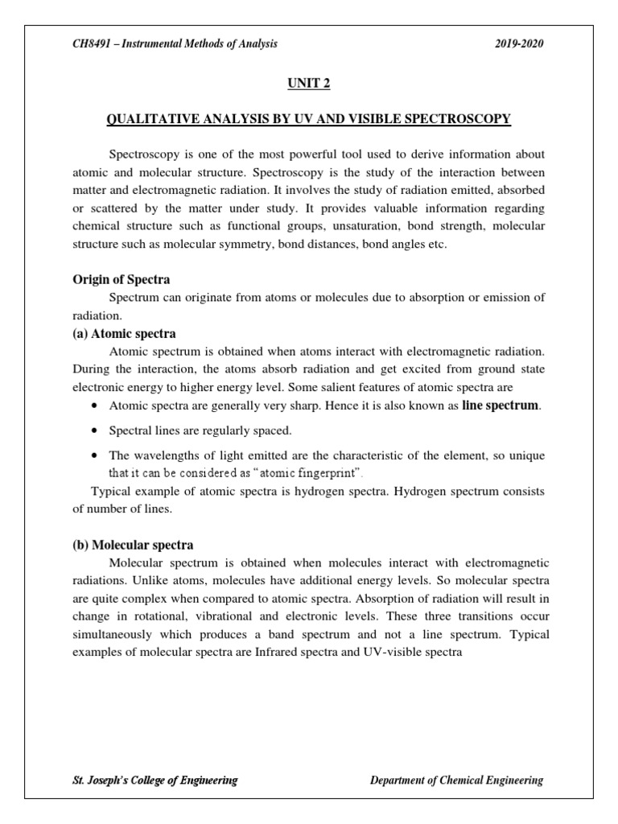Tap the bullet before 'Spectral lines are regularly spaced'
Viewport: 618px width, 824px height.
(x=96, y=431)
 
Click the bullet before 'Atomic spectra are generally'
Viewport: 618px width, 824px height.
(x=96, y=406)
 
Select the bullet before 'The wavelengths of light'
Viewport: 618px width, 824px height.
(x=96, y=455)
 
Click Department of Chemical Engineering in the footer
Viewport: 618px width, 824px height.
(x=456, y=780)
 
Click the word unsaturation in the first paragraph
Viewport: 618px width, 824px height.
(x=340, y=227)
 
